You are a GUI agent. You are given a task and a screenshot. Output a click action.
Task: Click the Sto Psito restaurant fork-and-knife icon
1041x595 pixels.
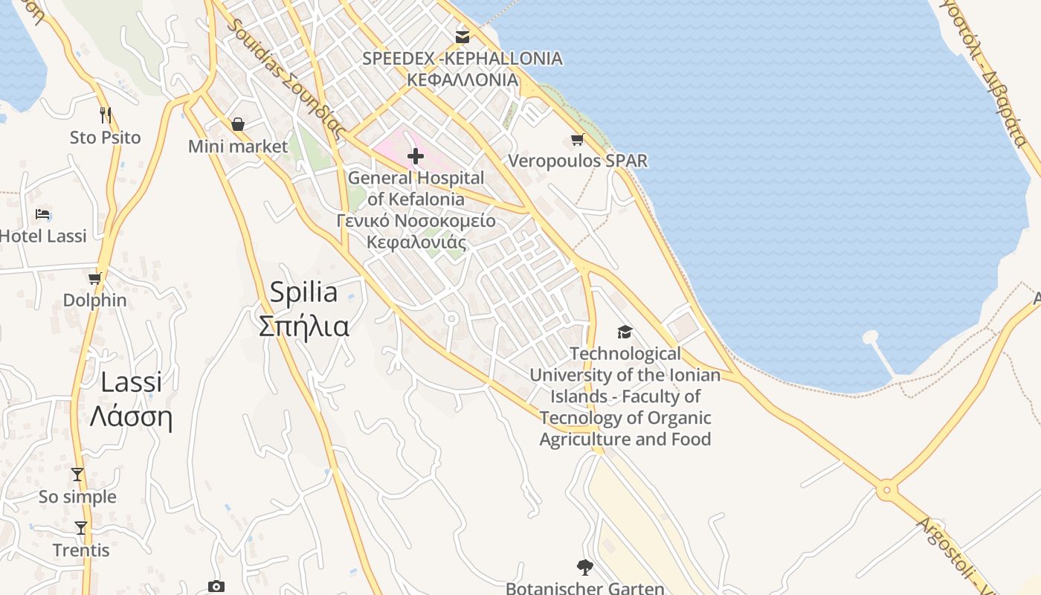[106, 115]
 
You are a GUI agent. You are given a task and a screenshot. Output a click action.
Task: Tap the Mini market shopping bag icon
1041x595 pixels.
[238, 123]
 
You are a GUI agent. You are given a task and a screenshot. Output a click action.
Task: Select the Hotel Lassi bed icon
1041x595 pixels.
[43, 214]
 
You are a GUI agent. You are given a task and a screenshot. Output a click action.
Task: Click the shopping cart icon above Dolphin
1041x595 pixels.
[94, 278]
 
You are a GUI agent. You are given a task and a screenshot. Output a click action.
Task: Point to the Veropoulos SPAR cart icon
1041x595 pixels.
[577, 139]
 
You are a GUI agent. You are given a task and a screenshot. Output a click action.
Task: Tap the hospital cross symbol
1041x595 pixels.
[416, 156]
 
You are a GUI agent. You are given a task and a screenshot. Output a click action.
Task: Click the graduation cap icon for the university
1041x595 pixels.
[625, 332]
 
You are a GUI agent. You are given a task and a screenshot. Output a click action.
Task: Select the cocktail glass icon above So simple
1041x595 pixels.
[77, 475]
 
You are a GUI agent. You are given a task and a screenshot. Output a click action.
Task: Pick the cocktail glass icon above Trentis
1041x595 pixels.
[81, 528]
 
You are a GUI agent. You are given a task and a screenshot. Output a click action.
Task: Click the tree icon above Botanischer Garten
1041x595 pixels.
[585, 567]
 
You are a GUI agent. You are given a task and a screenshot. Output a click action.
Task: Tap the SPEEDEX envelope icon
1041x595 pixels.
[463, 36]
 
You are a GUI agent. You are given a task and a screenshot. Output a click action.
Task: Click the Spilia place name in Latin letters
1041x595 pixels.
[303, 292]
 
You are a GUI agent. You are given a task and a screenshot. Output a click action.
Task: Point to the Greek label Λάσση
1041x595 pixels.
[131, 416]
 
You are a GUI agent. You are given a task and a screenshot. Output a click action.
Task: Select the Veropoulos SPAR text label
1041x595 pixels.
[578, 161]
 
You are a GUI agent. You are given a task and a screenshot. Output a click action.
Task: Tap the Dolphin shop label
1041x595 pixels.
[94, 300]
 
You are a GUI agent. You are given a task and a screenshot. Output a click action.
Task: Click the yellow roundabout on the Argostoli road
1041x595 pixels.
[885, 491]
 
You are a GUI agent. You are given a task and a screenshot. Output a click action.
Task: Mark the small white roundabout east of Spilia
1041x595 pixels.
[451, 319]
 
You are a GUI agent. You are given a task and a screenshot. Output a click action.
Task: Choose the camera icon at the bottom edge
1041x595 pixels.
[216, 587]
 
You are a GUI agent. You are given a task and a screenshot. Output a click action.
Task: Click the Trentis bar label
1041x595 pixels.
[81, 550]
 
